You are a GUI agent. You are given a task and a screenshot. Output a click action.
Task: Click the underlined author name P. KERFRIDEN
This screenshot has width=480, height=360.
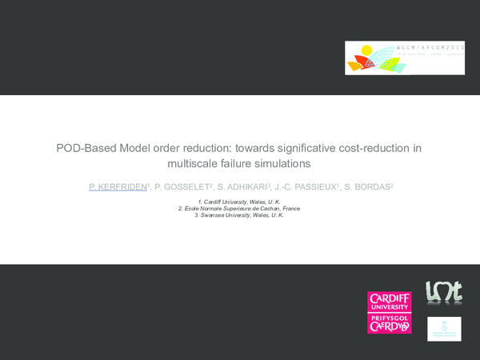(x=118, y=186)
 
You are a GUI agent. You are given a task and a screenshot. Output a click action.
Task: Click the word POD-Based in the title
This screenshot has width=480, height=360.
(x=83, y=148)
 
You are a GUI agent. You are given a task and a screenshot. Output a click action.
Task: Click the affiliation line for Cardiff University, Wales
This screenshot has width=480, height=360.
(x=239, y=202)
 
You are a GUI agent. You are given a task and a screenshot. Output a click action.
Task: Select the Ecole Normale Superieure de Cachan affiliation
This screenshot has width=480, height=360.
(x=239, y=208)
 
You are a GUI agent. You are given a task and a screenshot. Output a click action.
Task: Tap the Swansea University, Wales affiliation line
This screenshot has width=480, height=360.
(x=239, y=214)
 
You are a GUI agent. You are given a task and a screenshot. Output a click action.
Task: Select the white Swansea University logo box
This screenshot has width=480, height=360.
(x=444, y=329)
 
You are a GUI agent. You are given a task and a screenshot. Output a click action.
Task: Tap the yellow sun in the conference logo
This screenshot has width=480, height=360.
(x=366, y=53)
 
